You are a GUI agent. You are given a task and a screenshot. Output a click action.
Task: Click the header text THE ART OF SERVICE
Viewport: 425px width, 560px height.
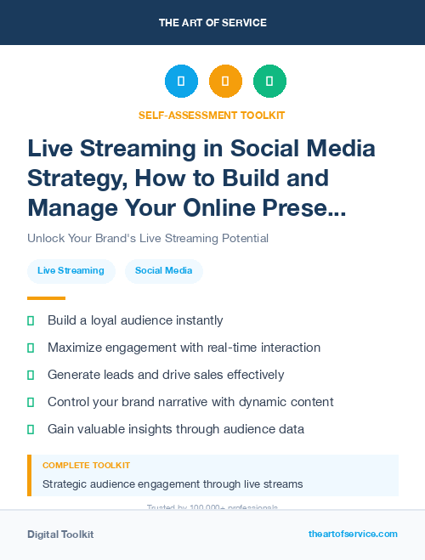pos(212,22)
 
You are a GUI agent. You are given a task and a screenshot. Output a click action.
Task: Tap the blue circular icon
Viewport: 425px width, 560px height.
pos(181,82)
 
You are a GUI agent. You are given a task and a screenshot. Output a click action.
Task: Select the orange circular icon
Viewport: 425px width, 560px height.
pos(225,82)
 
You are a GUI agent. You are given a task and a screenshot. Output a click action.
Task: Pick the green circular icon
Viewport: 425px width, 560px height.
pos(269,82)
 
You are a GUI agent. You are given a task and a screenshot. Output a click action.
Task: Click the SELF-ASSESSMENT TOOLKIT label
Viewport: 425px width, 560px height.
pos(212,116)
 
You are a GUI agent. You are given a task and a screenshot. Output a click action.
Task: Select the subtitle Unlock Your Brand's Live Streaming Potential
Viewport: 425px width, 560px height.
pos(148,238)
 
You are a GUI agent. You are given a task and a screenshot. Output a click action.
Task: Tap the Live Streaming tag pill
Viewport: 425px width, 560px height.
pos(71,270)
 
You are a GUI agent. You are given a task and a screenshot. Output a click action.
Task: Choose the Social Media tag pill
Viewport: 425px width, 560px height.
pos(163,270)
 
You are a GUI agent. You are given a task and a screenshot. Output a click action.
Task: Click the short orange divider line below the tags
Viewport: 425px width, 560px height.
pos(46,298)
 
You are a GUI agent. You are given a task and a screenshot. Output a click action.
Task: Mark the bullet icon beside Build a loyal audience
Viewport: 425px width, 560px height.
pos(31,320)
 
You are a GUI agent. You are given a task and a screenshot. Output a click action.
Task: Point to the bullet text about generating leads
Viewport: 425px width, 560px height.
pos(166,375)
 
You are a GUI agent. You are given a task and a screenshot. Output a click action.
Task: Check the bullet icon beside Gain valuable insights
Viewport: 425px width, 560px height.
pos(31,429)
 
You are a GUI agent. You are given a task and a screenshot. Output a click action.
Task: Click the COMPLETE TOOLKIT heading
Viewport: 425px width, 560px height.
pos(86,466)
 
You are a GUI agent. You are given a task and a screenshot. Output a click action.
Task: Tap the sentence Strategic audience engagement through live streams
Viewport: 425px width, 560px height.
pos(173,484)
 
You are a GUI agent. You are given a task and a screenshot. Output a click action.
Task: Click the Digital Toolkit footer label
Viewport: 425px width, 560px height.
pos(60,535)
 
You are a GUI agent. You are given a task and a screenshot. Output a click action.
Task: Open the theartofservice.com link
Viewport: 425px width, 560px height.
pos(353,534)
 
